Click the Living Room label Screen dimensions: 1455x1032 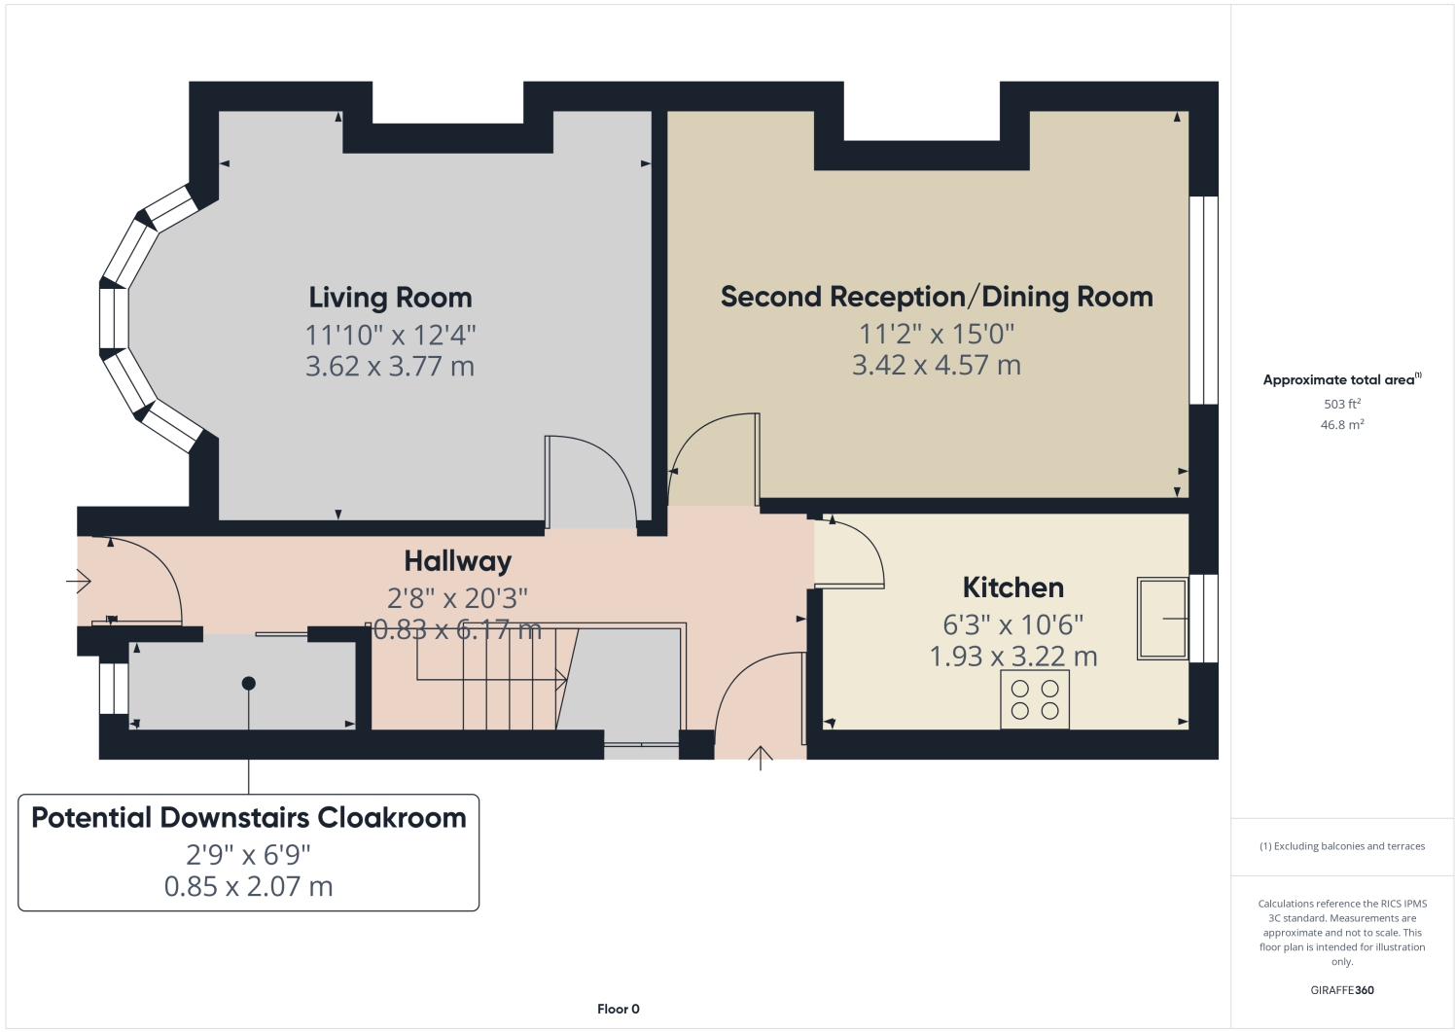tap(390, 298)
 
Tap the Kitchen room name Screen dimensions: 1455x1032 tap(1013, 587)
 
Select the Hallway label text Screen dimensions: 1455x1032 tap(458, 562)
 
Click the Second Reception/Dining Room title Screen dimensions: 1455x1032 tap(937, 297)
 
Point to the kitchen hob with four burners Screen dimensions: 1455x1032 tap(1035, 698)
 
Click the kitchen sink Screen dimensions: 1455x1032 tap(1162, 619)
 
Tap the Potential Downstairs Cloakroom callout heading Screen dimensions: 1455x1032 tap(249, 818)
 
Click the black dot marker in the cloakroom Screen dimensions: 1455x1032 tap(249, 683)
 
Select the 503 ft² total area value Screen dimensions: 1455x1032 tap(1342, 404)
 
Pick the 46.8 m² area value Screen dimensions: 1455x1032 tap(1342, 425)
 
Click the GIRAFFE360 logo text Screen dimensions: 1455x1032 tap(1342, 990)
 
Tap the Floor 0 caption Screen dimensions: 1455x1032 tap(619, 1009)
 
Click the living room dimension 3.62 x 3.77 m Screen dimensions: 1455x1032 tap(390, 367)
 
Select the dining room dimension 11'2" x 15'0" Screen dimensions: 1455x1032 tap(937, 334)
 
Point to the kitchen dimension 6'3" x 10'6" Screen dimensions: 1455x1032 tap(1013, 624)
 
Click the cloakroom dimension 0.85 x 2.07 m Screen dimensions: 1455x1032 tap(249, 886)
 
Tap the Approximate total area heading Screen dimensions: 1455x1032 tap(1342, 379)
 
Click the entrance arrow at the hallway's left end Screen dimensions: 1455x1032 tap(79, 581)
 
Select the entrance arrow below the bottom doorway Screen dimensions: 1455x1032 tap(761, 759)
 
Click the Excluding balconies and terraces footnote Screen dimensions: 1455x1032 tap(1342, 846)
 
